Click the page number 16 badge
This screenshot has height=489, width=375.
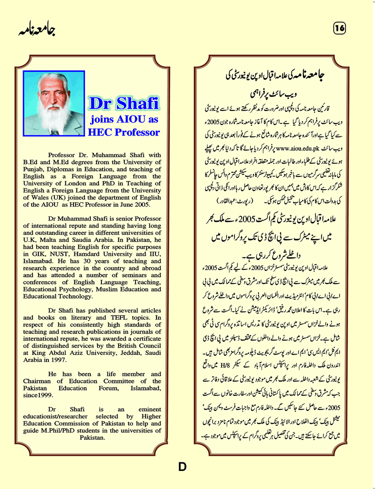(340, 29)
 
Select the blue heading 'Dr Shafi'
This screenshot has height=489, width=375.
(123, 103)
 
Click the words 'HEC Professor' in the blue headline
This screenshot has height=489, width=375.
(123, 132)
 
